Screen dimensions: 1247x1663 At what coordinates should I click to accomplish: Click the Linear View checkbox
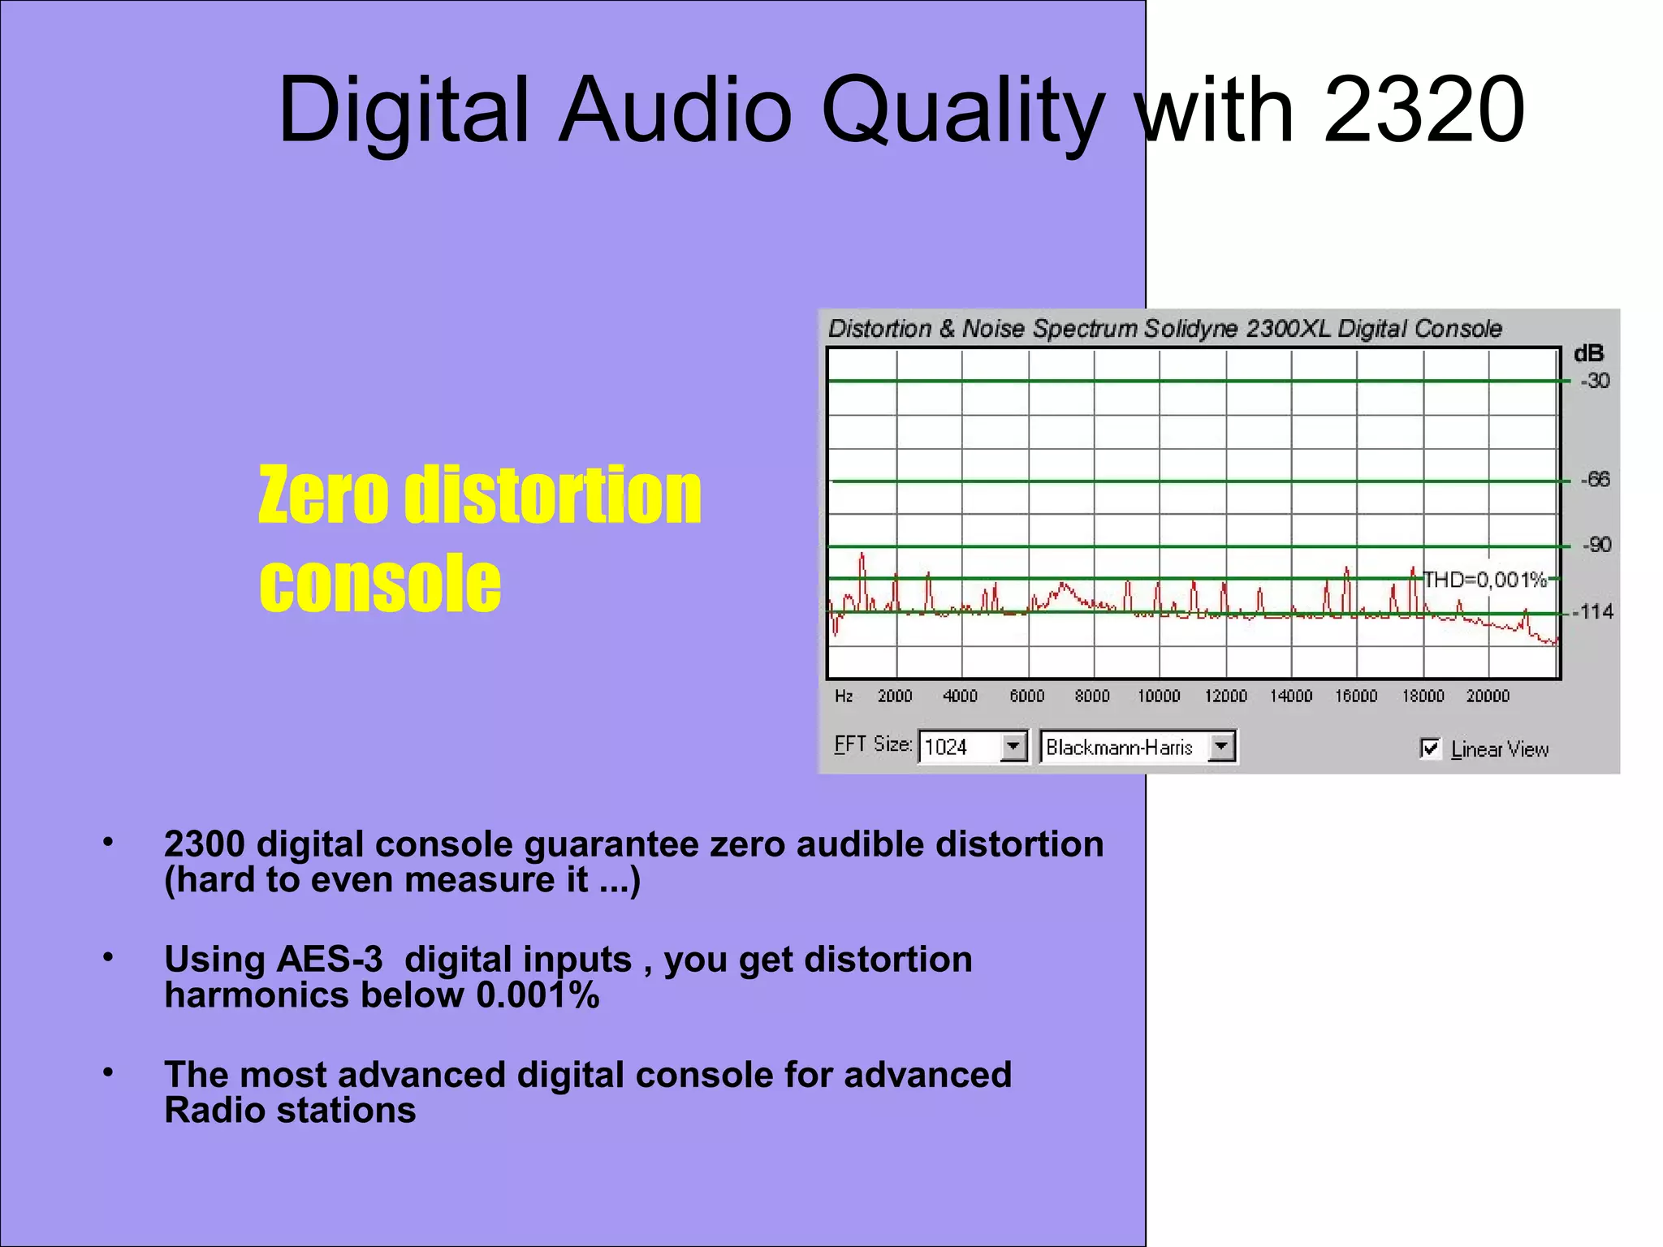[x=1430, y=748]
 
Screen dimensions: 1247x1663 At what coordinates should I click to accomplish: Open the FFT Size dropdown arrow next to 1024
[x=1013, y=746]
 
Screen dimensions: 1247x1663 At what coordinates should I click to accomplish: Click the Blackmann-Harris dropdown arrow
[x=1220, y=746]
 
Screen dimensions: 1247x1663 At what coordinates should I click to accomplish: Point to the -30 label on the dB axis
[x=1595, y=381]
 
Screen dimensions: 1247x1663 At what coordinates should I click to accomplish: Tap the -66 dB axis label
[x=1596, y=480]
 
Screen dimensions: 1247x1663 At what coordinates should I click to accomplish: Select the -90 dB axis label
[x=1596, y=545]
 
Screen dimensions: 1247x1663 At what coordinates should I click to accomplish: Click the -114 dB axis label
[x=1596, y=611]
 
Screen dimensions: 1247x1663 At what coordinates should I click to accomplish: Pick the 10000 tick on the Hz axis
[x=1159, y=697]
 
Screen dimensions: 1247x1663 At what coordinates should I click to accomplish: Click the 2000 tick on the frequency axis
[x=895, y=697]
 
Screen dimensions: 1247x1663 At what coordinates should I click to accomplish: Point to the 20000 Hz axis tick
[x=1488, y=697]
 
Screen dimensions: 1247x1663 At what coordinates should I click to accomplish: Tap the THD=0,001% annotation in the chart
[x=1485, y=580]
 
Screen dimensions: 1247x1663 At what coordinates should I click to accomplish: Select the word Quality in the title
[x=963, y=112]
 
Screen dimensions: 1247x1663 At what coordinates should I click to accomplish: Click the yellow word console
[x=380, y=583]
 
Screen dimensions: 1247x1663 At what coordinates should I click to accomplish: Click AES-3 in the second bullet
[x=330, y=960]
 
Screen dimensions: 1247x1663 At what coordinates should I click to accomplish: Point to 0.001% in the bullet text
[x=538, y=995]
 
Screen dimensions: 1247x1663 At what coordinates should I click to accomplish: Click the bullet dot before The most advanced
[x=108, y=1073]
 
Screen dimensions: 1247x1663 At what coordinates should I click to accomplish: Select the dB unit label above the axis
[x=1588, y=354]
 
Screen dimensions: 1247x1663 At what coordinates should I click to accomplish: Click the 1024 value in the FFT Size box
[x=946, y=747]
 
